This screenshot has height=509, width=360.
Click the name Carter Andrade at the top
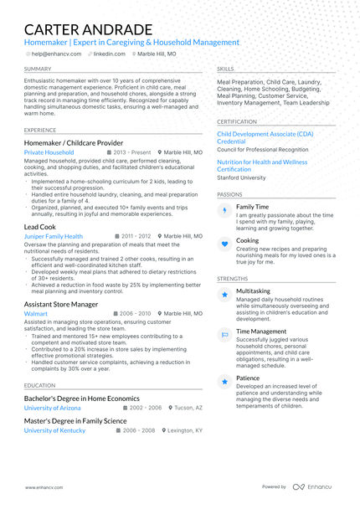point(88,29)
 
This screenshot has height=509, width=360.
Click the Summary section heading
point(38,69)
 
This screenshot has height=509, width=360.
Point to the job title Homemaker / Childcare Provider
point(74,143)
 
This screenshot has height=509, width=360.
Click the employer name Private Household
point(49,153)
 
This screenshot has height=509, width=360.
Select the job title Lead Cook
point(40,227)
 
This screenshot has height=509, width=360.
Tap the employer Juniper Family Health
point(54,237)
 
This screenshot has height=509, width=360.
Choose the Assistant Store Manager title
point(61,304)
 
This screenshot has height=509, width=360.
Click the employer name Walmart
point(36,313)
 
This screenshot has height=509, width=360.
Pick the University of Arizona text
point(53,408)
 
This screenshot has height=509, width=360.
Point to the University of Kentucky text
point(54,430)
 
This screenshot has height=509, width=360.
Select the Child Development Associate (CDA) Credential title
point(265,137)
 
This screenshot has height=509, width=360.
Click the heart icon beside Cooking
point(224,244)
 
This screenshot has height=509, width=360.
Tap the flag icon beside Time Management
point(224,335)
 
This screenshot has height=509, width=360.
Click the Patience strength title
point(248,378)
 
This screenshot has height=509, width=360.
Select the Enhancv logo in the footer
point(311,486)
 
